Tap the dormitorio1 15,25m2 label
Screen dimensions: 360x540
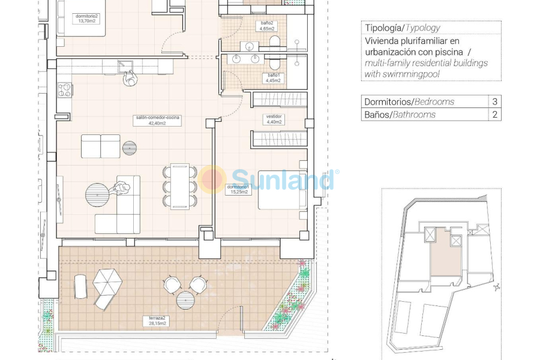[238, 189]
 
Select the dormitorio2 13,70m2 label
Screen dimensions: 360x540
[86, 17]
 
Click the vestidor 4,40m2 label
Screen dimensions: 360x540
[274, 119]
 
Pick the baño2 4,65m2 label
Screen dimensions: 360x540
[267, 26]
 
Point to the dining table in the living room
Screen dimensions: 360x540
[179, 187]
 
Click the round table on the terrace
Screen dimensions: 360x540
[185, 299]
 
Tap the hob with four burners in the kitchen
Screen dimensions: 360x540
[65, 91]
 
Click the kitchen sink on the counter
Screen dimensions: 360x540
[125, 66]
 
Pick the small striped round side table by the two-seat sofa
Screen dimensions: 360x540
[130, 148]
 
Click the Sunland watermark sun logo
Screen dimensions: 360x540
[212, 179]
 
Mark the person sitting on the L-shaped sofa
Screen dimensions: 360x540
[122, 189]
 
